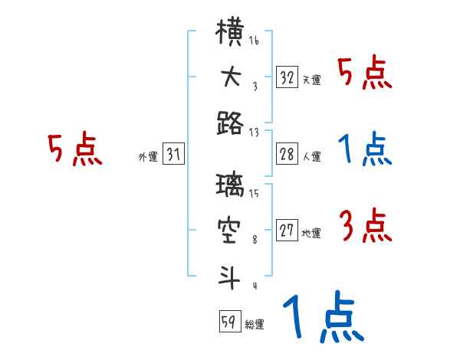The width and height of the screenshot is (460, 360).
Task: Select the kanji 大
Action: (x=230, y=77)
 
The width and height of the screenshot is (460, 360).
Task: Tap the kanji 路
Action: (x=230, y=123)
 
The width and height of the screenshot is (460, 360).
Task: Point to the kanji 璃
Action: (x=230, y=185)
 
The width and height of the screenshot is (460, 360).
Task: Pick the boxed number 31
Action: (x=173, y=155)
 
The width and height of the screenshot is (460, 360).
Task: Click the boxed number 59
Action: (x=229, y=322)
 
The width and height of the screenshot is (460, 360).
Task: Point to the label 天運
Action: (x=311, y=80)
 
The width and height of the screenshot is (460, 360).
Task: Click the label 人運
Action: (x=311, y=156)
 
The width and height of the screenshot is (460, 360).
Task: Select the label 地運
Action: (x=311, y=233)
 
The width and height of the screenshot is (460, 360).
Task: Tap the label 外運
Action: (x=148, y=156)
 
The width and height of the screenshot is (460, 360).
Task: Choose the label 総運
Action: (x=255, y=324)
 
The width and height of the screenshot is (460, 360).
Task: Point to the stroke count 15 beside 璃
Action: (x=254, y=193)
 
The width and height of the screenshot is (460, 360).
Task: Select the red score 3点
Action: (x=364, y=225)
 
